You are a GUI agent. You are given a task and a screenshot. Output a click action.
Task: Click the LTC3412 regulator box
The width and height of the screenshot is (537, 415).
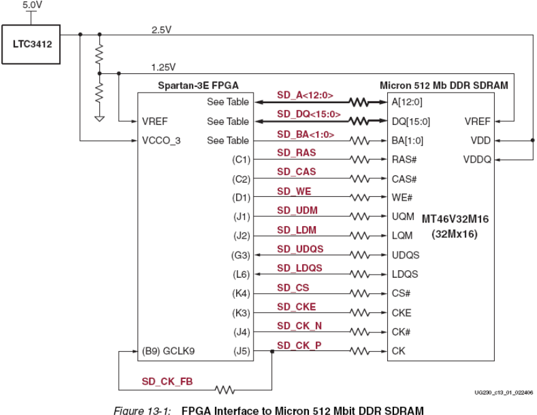31,44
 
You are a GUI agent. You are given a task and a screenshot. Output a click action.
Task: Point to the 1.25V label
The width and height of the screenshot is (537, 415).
163,66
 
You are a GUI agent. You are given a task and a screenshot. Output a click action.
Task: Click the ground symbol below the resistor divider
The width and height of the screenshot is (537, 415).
99,117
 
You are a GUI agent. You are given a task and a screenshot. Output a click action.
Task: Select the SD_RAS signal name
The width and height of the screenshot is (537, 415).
296,152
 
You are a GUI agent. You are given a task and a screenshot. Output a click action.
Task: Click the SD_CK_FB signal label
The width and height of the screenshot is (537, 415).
167,381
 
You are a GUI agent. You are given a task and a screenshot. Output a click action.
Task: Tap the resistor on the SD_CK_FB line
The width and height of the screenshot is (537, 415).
224,390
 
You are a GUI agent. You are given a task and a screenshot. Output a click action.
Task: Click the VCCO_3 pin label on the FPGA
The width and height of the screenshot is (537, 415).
161,140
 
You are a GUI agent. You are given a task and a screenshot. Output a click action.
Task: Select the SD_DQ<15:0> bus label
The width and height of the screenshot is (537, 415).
309,114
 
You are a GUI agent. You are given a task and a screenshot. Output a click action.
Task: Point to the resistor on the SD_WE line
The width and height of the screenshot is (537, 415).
360,198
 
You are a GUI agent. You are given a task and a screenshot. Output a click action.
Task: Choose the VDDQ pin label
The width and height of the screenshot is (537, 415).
477,160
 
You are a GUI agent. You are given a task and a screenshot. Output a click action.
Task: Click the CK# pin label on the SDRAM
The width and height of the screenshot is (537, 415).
400,332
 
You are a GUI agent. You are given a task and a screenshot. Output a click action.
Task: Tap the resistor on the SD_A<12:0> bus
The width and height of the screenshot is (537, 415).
360,102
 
